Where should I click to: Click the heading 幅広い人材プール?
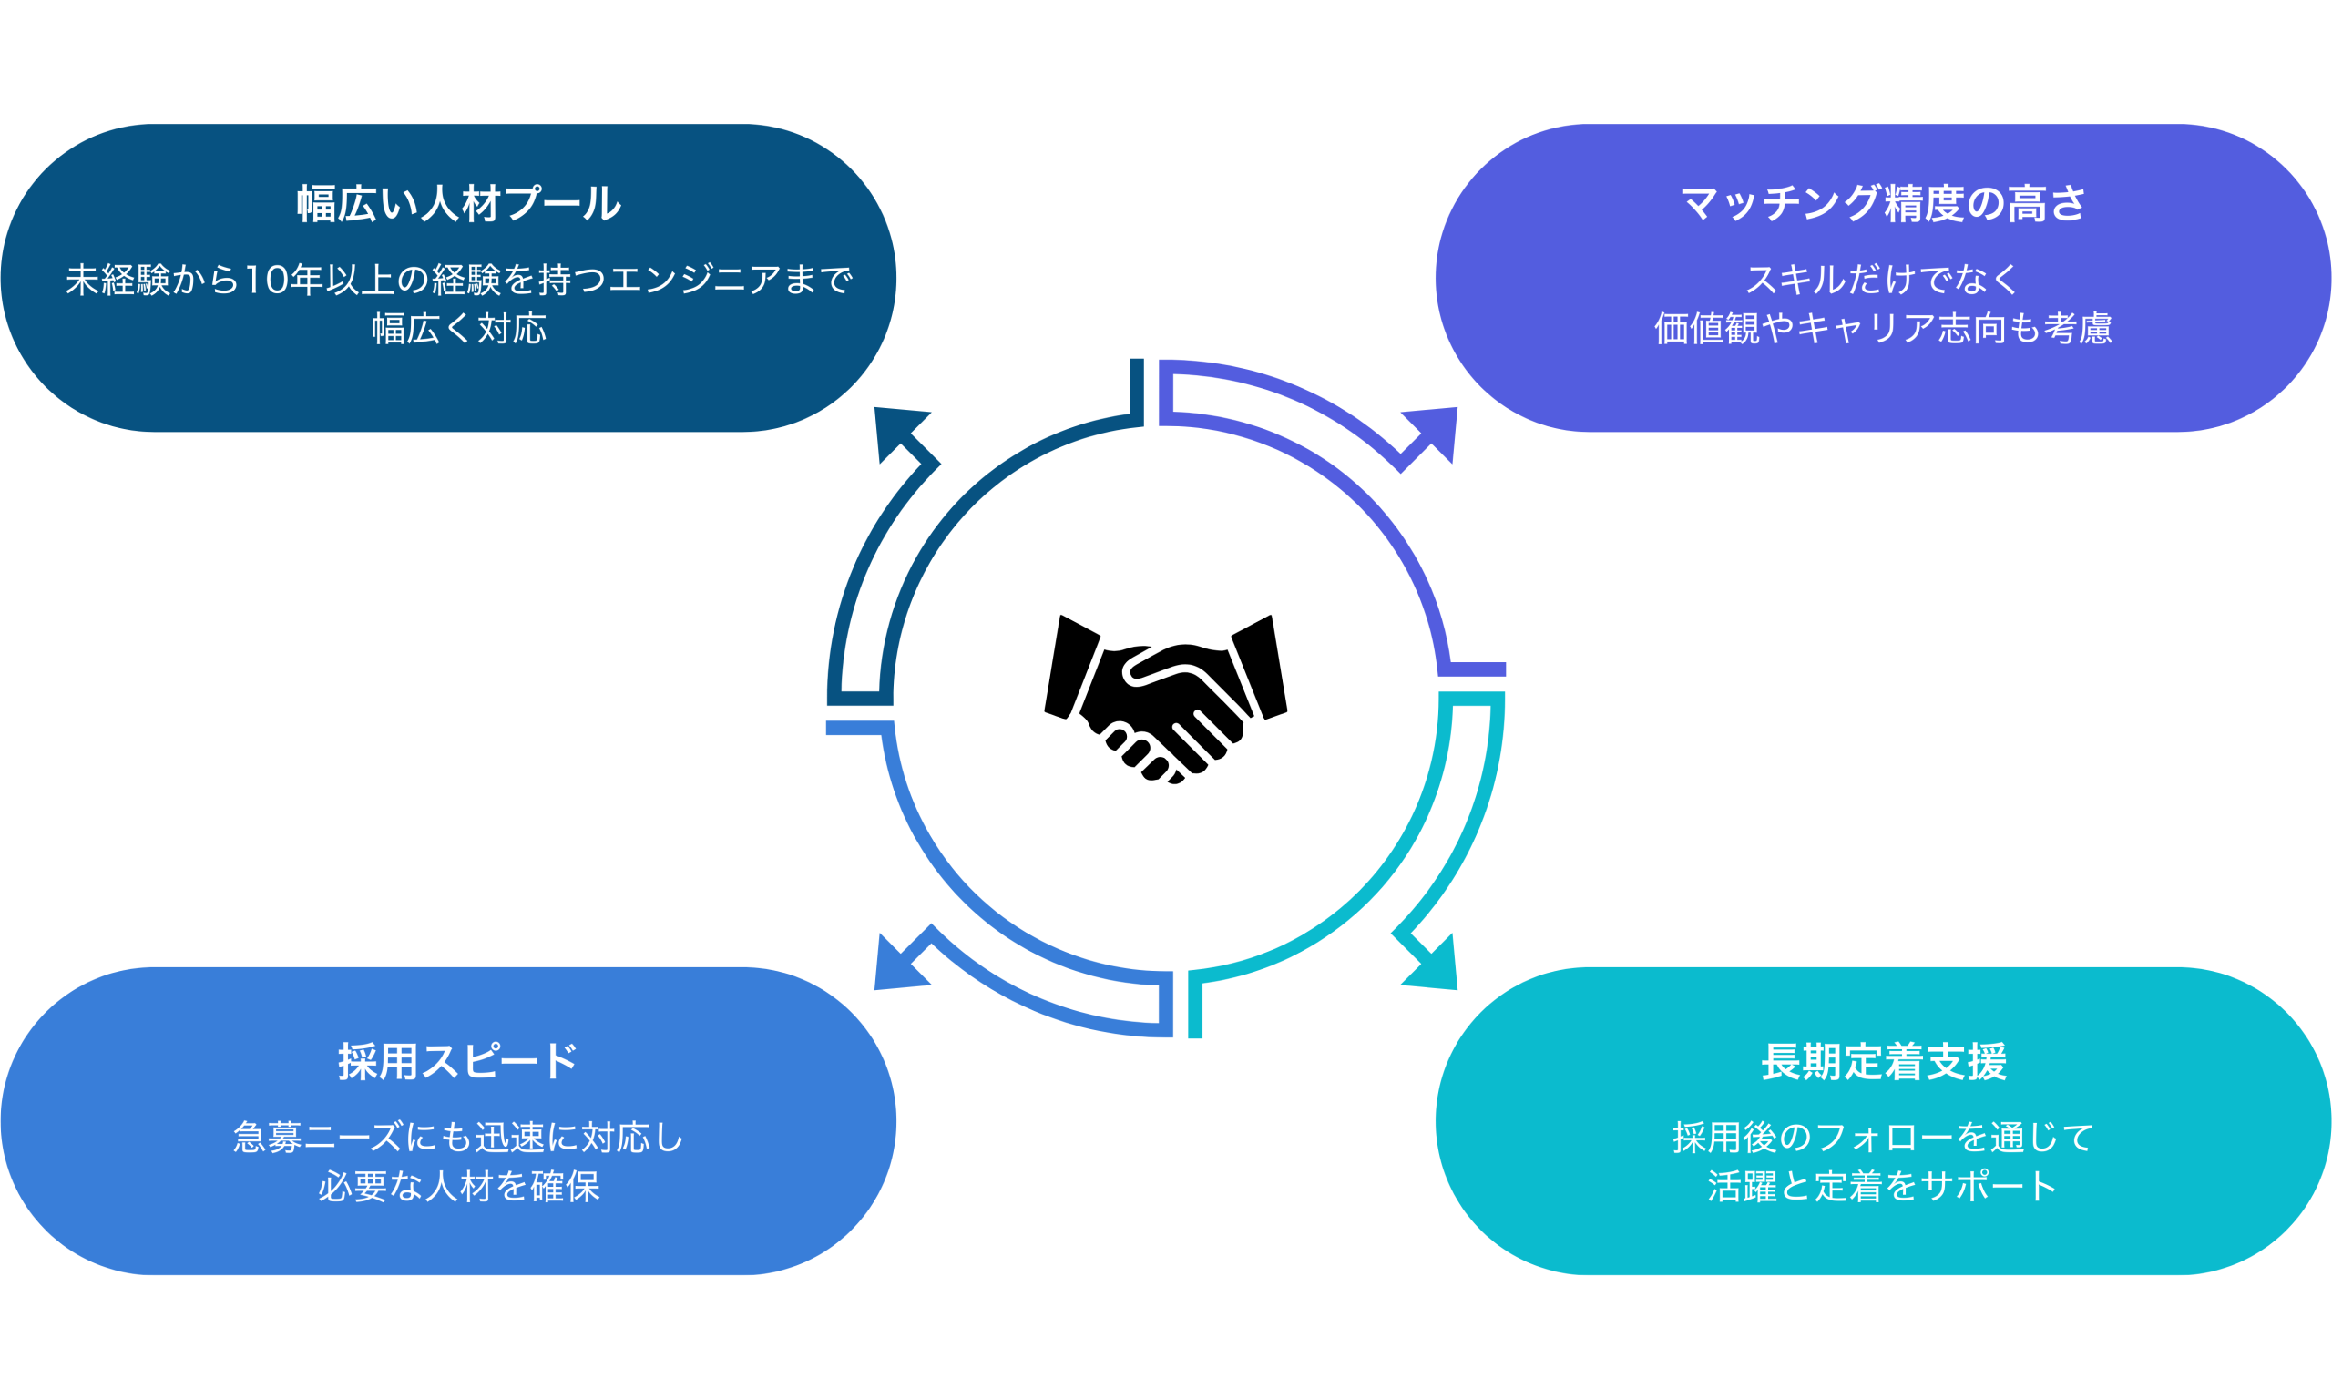[x=459, y=204]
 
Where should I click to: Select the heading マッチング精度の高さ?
[x=1882, y=204]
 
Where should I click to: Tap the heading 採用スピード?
[x=458, y=1061]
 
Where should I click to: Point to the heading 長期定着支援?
[x=1883, y=1061]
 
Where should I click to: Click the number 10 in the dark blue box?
[x=268, y=280]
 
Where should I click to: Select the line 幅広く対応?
[x=459, y=329]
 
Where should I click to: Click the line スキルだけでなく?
[x=1882, y=280]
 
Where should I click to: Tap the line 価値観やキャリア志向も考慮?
[x=1882, y=329]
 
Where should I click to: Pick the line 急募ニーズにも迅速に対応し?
[x=458, y=1138]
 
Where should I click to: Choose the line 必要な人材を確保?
[x=458, y=1187]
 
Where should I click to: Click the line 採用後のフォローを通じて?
[x=1882, y=1138]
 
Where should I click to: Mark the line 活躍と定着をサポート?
[x=1882, y=1187]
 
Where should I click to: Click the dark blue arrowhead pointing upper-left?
[x=895, y=430]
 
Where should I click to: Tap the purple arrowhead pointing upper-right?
[x=1436, y=430]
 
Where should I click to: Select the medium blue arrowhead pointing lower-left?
[x=895, y=967]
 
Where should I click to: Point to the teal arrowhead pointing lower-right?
[x=1436, y=967]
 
